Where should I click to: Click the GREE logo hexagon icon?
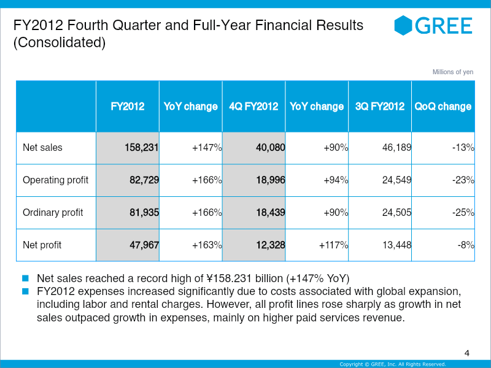(403, 25)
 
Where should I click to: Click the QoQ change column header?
(443, 106)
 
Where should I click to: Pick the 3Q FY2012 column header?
(380, 106)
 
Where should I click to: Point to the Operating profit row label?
(55, 180)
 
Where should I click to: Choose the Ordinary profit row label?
(53, 213)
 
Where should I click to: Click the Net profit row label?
(42, 245)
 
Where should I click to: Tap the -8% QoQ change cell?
(465, 245)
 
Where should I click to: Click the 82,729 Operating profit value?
(143, 180)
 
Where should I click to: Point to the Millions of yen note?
(453, 72)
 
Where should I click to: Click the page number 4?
(467, 353)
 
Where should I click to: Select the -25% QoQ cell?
(462, 213)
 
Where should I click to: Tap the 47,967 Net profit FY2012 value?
(143, 245)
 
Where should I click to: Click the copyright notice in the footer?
(393, 364)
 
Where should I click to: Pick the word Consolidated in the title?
(60, 43)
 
